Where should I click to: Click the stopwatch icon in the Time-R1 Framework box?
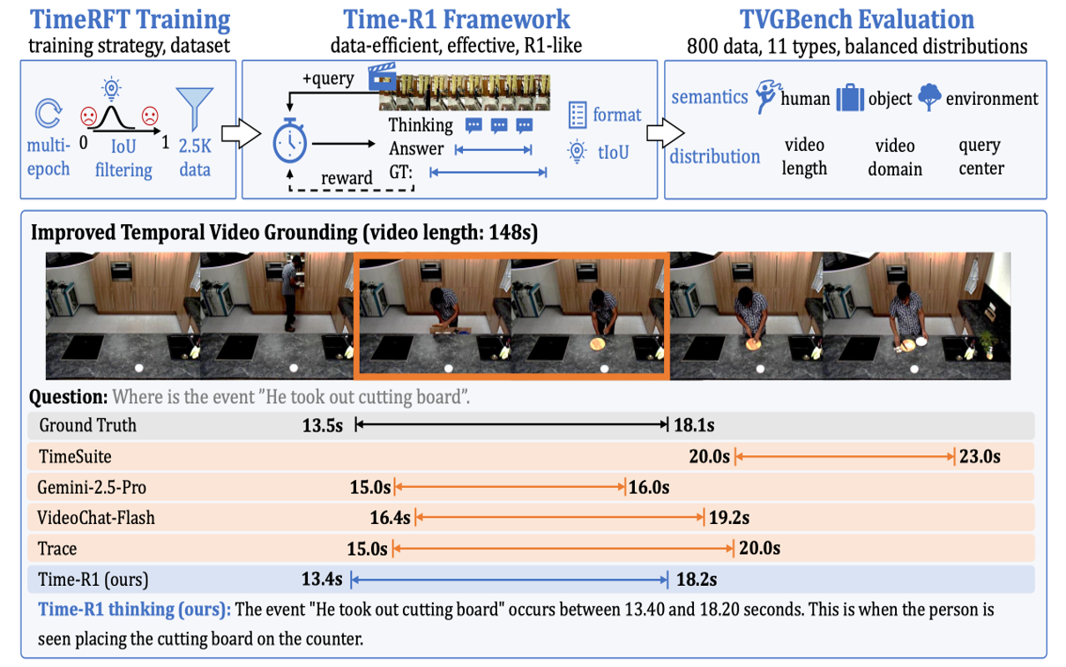(x=289, y=140)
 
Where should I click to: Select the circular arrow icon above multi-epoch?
(x=48, y=113)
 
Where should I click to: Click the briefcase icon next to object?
(x=850, y=98)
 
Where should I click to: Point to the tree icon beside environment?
(x=929, y=97)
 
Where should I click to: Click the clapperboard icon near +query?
(x=382, y=76)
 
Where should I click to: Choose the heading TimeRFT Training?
(x=130, y=19)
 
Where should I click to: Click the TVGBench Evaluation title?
(x=857, y=19)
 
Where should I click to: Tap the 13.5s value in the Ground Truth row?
(x=322, y=425)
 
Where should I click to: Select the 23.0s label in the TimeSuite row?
(x=980, y=456)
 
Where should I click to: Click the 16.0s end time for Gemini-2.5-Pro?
(x=649, y=487)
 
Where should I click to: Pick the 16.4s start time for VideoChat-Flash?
(x=391, y=518)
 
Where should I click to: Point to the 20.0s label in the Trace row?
(x=759, y=549)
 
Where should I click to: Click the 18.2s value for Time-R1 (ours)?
(x=697, y=580)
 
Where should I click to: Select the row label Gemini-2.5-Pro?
(x=92, y=488)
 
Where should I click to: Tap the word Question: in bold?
(x=69, y=396)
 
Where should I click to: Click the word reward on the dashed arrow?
(x=347, y=177)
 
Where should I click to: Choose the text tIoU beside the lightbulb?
(x=614, y=153)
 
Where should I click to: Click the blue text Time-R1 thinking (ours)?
(x=135, y=610)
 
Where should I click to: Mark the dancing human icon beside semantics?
(x=767, y=97)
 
